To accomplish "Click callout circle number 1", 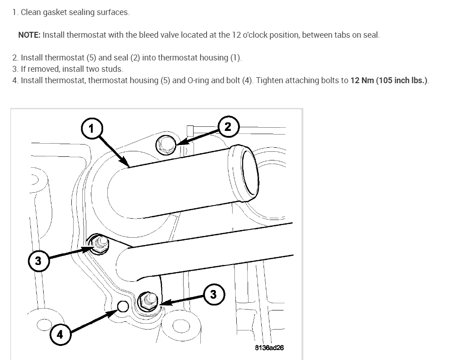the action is click(x=91, y=129).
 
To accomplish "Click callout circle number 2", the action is click(x=228, y=127).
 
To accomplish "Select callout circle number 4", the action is click(x=60, y=335).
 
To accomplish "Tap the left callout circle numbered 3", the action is click(x=38, y=261).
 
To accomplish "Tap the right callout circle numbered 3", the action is click(x=214, y=294).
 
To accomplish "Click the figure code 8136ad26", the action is click(x=270, y=348).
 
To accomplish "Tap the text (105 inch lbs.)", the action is click(x=402, y=80).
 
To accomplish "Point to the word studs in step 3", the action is click(x=113, y=69).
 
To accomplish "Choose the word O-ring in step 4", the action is click(x=199, y=80).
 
